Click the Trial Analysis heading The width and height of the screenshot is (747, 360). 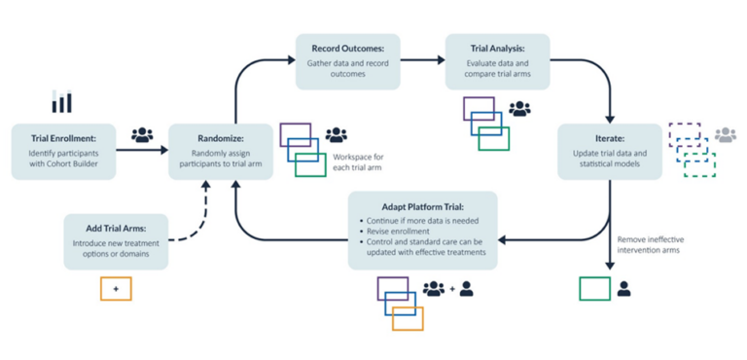(x=497, y=48)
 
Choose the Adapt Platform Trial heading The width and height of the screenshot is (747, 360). (x=423, y=207)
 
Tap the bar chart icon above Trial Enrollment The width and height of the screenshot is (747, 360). (x=61, y=101)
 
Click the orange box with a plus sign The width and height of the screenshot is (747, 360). (x=116, y=288)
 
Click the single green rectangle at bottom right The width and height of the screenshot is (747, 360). (x=594, y=289)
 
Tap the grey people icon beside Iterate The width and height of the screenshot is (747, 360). (x=726, y=136)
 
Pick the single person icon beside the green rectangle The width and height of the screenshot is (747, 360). (x=624, y=289)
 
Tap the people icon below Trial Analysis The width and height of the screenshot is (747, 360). (x=519, y=110)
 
